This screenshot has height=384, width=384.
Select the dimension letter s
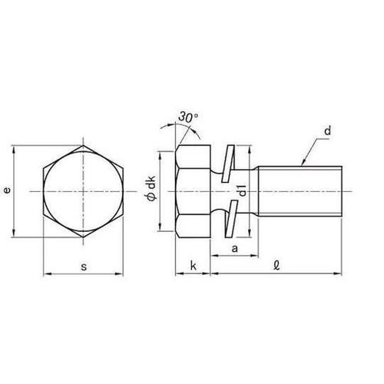83,266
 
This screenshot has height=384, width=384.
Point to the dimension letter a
234,250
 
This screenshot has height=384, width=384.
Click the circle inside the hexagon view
82,190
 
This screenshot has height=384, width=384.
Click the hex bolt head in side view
193,190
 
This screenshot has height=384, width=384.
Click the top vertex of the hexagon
82,141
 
